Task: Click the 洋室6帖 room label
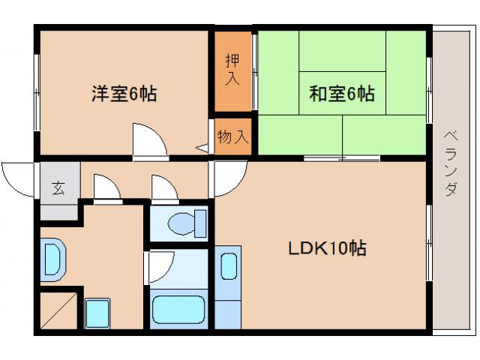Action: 124,94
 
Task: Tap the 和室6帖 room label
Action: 342,94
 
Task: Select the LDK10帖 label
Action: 328,248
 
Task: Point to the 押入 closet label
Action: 233,69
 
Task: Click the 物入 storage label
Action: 232,137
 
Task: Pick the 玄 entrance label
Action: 58,188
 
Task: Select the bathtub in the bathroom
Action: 178,309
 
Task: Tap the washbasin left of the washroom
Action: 53,259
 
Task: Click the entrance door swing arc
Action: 18,177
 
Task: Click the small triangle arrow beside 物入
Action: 202,148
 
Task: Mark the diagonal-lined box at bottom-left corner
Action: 58,310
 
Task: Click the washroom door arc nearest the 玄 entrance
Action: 106,187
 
